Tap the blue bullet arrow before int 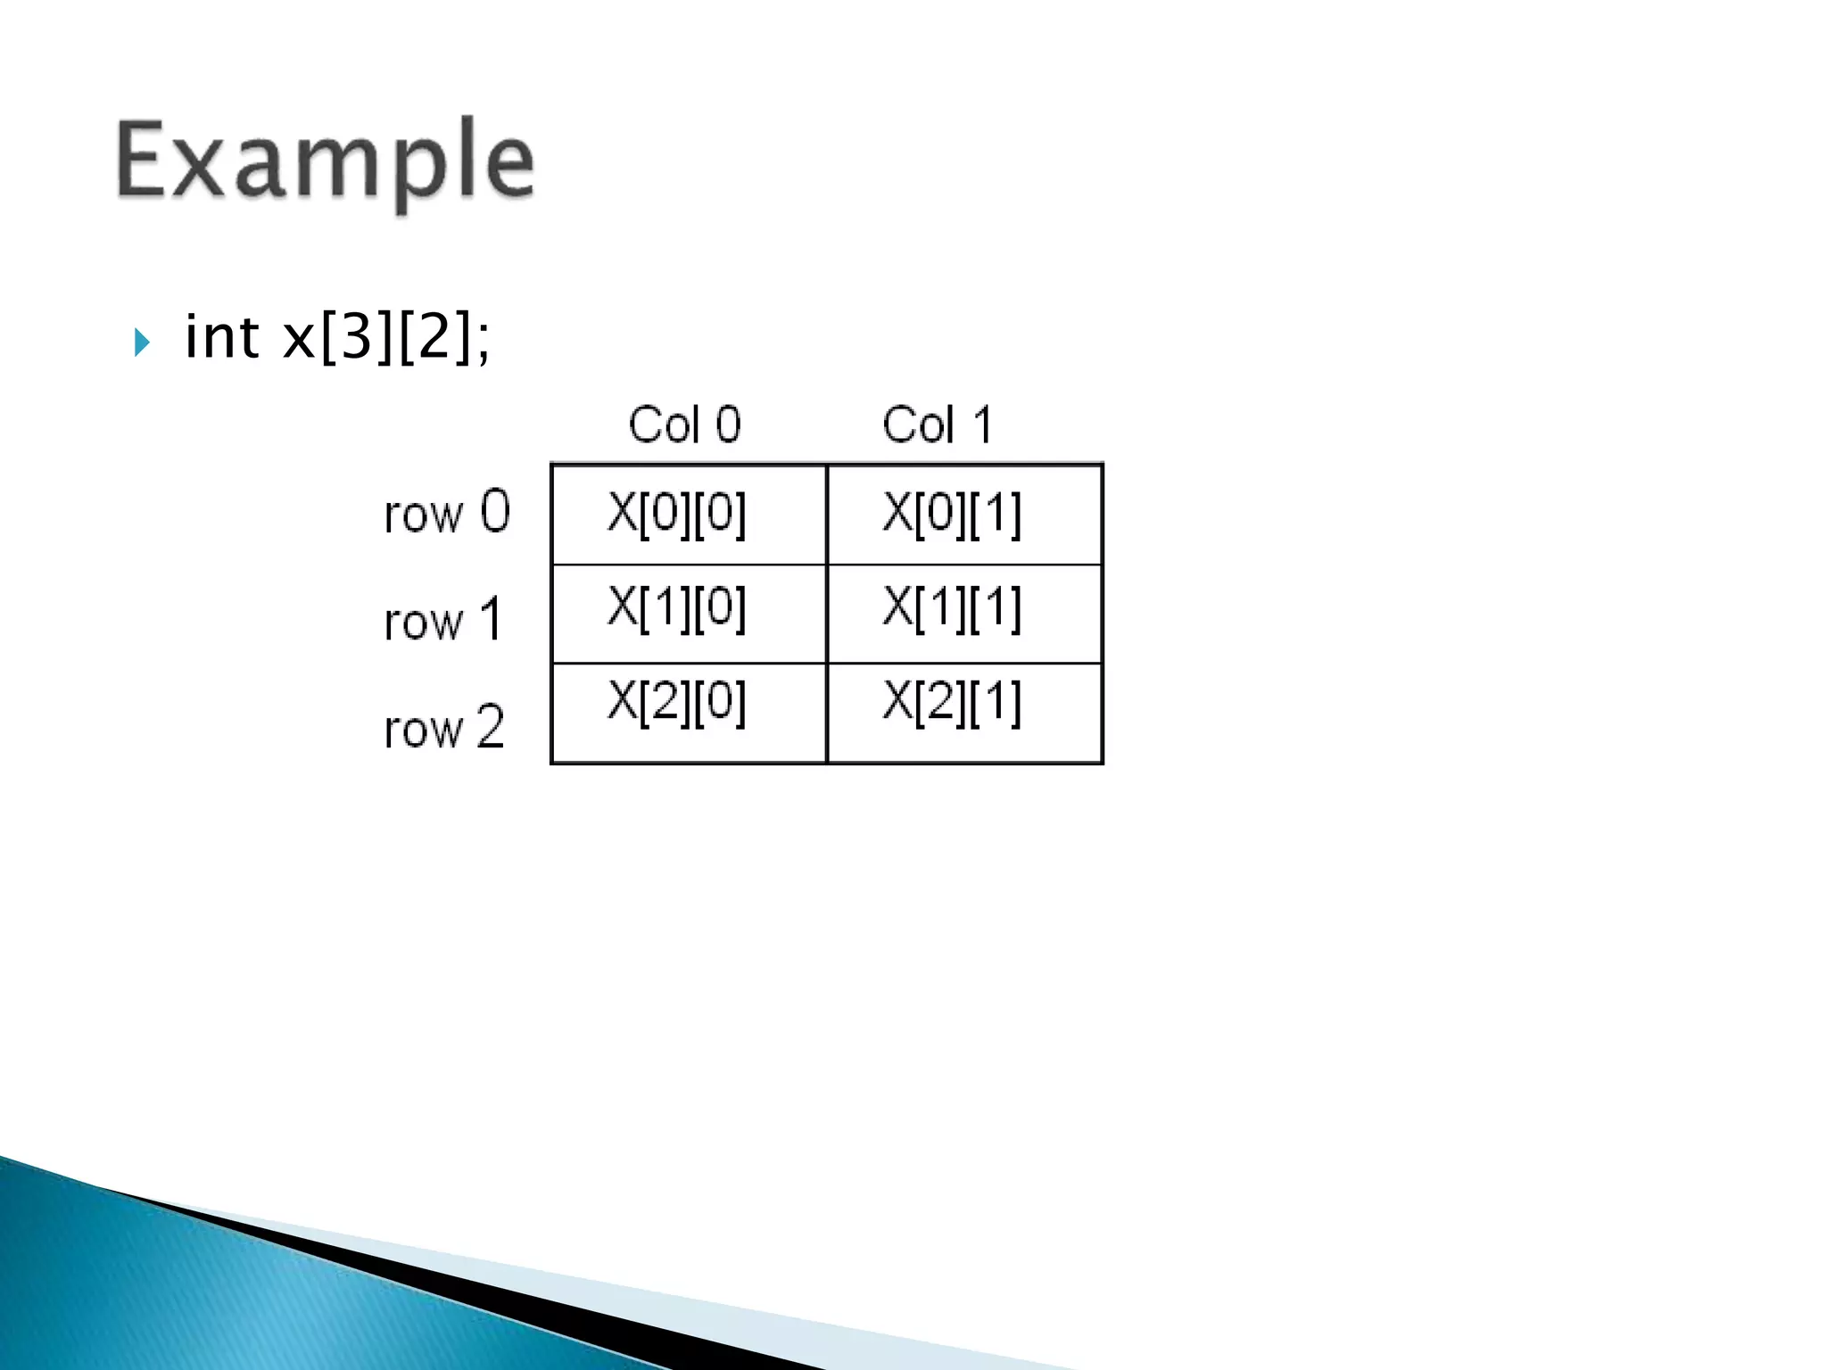click(142, 342)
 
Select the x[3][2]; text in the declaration click(386, 338)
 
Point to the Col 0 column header click(684, 425)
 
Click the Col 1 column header click(937, 425)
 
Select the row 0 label click(446, 513)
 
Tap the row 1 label click(443, 620)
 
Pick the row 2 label click(443, 728)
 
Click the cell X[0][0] click(689, 515)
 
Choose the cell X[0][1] click(964, 515)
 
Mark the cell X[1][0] click(689, 613)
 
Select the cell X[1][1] click(964, 613)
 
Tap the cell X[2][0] click(689, 713)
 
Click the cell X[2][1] click(964, 713)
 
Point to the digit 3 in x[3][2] click(356, 338)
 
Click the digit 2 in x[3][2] click(434, 338)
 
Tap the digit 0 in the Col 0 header click(728, 425)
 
